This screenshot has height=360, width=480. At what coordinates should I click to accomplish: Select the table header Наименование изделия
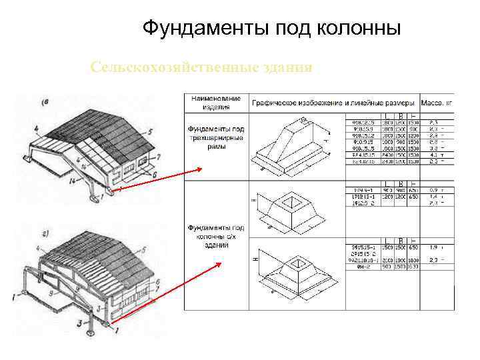tap(216, 102)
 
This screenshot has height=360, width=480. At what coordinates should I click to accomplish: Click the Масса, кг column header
tap(437, 103)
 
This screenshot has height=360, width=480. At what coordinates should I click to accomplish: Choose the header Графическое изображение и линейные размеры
tap(333, 103)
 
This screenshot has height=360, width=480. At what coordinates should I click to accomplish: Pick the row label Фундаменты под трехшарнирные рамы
tap(216, 137)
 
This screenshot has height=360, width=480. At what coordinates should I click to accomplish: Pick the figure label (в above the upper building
tap(45, 102)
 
